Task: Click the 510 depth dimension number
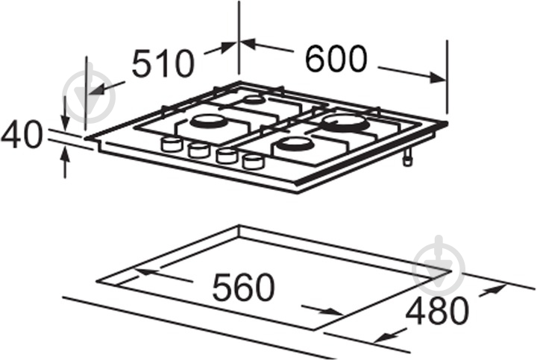point(163,63)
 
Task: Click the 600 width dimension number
point(336,59)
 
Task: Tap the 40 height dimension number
point(21,134)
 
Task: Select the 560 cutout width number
point(243,287)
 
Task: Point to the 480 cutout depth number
point(436,311)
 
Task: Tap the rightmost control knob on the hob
point(254,161)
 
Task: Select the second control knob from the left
point(198,150)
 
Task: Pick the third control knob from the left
point(226,156)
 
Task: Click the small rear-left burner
point(254,100)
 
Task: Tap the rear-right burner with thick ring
point(346,123)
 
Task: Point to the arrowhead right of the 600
point(438,78)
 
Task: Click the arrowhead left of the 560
point(145,271)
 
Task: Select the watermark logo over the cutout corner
point(439,265)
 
